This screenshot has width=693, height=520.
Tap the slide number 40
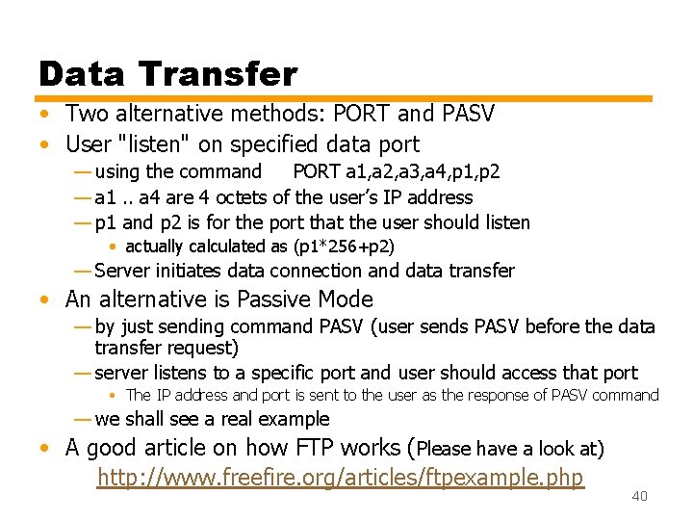pos(639,496)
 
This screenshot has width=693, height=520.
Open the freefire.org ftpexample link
pos(341,477)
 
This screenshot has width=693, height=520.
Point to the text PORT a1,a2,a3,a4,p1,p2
pos(396,172)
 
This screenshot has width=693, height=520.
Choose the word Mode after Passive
pos(345,299)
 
